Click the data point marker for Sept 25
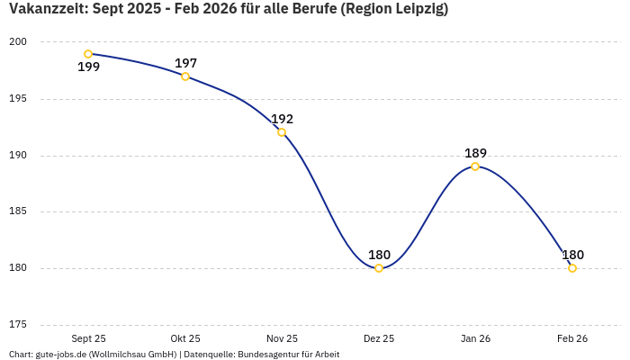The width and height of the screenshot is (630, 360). tap(88, 54)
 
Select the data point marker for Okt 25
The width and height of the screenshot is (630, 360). tap(185, 76)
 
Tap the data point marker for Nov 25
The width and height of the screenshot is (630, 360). tap(282, 132)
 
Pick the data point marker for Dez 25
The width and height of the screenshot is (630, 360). tap(379, 268)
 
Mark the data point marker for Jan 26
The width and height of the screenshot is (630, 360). tap(475, 166)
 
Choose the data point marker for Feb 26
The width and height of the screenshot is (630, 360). tap(572, 268)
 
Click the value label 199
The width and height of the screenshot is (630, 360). tap(88, 67)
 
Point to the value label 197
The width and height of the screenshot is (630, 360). tap(185, 63)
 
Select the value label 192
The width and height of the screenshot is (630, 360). tap(282, 119)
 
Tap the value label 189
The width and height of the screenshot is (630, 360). tap(475, 153)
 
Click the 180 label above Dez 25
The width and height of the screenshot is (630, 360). tap(379, 255)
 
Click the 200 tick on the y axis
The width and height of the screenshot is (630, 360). tap(19, 42)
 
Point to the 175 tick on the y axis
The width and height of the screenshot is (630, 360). tap(19, 325)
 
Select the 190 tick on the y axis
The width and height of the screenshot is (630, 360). tap(19, 156)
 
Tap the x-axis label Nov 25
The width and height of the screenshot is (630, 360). tap(282, 338)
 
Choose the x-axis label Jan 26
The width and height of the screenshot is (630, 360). tap(475, 338)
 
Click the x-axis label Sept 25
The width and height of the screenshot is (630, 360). tap(88, 338)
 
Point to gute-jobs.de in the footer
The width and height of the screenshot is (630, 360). tap(61, 355)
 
